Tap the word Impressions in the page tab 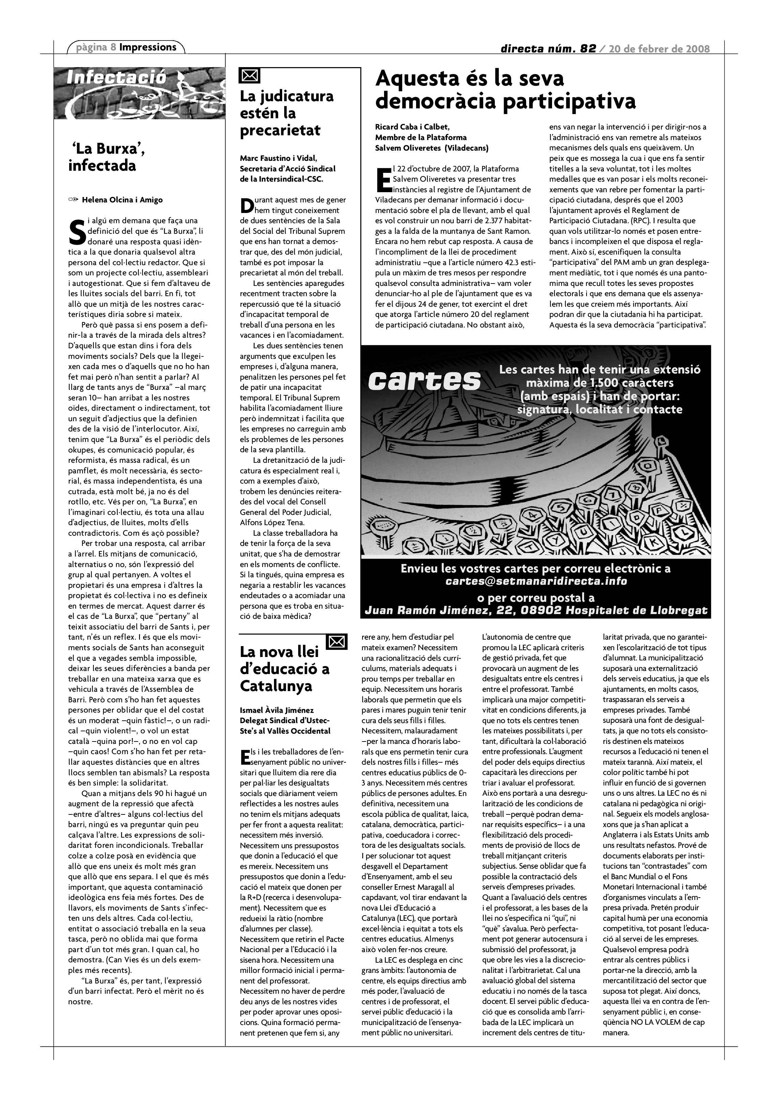148,47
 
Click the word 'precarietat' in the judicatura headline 280,130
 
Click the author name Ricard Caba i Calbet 412,127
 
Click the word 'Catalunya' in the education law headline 276,686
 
